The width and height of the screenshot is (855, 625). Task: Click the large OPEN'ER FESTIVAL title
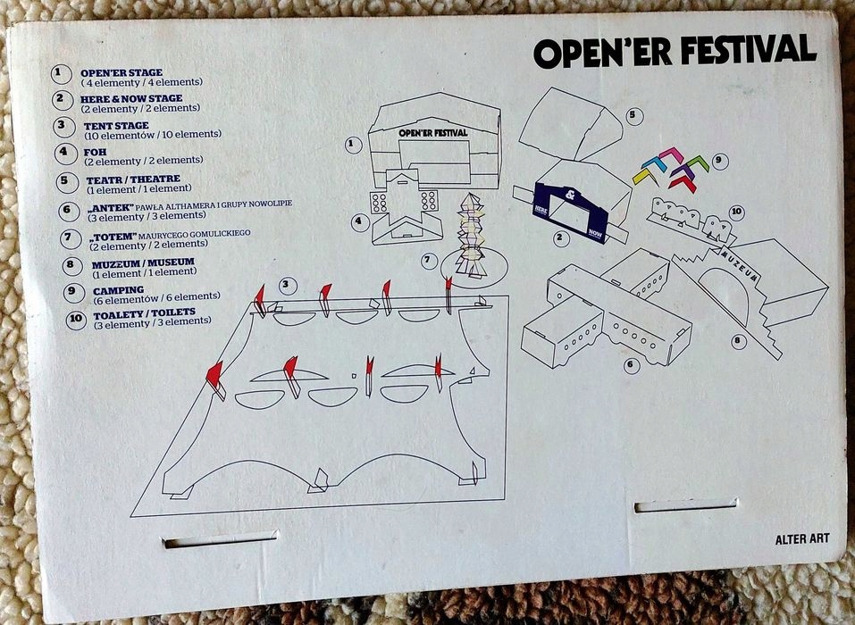675,51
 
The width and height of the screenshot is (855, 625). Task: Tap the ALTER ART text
802,537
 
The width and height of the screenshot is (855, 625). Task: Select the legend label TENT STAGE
116,126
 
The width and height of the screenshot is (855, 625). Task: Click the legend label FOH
95,152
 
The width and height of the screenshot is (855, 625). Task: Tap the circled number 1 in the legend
62,73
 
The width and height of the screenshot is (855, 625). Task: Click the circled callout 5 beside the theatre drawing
633,115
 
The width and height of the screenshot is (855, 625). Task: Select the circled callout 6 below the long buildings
632,364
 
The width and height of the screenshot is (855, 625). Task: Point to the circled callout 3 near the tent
287,286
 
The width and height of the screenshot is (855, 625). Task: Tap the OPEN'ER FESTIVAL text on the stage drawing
433,132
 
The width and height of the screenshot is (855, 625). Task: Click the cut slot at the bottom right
686,506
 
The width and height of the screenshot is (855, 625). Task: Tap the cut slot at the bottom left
221,539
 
